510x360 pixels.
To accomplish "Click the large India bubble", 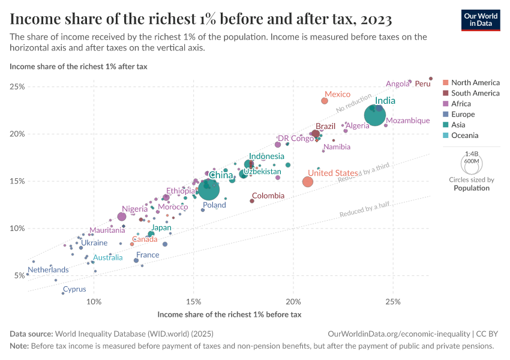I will pyautogui.click(x=375, y=115).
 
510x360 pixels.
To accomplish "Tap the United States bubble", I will pyautogui.click(x=308, y=181).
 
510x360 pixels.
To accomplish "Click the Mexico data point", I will pyautogui.click(x=325, y=101).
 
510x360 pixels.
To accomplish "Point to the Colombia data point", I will pyautogui.click(x=252, y=200).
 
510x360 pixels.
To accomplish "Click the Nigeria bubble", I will pyautogui.click(x=122, y=217).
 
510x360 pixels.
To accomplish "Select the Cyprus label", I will pyautogui.click(x=74, y=289).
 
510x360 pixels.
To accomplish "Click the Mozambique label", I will pyautogui.click(x=408, y=121).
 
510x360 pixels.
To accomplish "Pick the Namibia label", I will pyautogui.click(x=337, y=146).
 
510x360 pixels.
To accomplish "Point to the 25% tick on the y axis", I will pyautogui.click(x=17, y=86).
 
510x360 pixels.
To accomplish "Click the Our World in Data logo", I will pyautogui.click(x=481, y=20).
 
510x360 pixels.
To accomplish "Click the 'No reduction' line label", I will pyautogui.click(x=352, y=101).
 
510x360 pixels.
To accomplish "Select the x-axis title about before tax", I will pyautogui.click(x=229, y=314).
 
